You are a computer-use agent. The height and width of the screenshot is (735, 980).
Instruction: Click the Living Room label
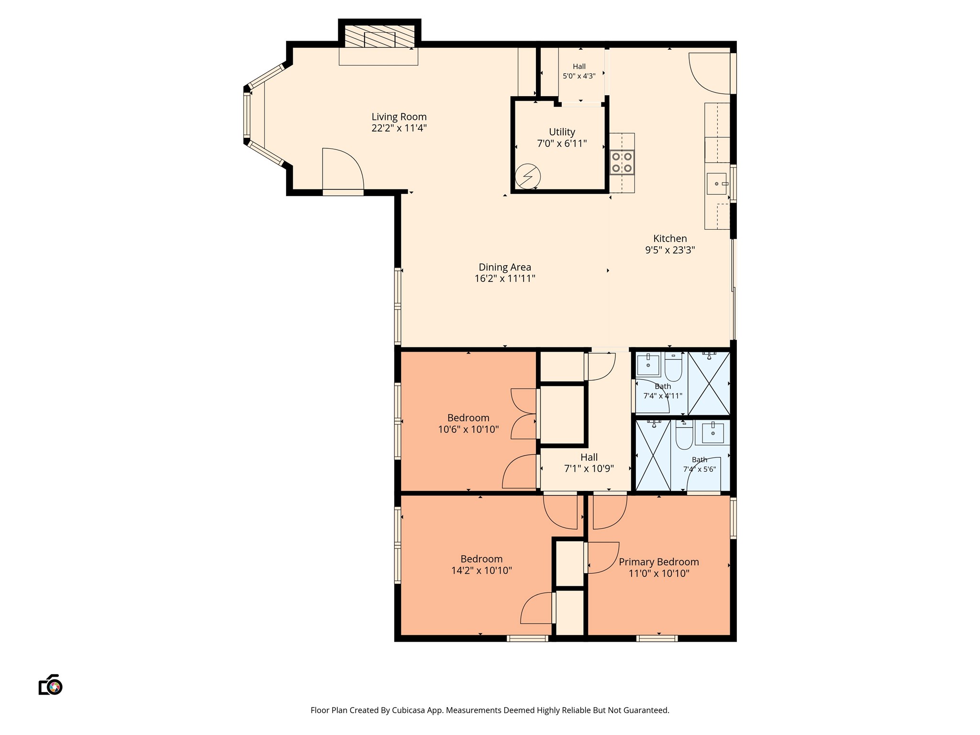point(399,117)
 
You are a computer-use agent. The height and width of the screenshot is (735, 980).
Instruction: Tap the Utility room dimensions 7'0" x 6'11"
point(562,144)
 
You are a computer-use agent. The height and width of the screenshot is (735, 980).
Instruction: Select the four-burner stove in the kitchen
point(622,162)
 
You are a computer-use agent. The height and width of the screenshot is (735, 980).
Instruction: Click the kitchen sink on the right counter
point(717,184)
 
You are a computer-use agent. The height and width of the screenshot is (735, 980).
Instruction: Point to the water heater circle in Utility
point(528,177)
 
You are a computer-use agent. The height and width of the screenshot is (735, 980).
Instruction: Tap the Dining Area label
point(505,267)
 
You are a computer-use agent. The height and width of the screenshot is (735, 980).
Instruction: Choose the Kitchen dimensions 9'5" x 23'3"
point(670,250)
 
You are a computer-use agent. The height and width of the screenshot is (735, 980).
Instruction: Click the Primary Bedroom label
point(659,562)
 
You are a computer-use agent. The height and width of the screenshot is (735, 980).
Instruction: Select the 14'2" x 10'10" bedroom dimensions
point(481,570)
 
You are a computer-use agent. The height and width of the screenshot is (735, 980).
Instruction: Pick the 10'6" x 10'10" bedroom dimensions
point(468,429)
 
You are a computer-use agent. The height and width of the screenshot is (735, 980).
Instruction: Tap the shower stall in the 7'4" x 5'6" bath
point(653,456)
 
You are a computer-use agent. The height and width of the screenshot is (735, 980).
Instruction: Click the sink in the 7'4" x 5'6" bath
point(713,433)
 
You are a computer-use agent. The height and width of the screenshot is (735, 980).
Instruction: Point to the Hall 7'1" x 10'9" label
point(589,463)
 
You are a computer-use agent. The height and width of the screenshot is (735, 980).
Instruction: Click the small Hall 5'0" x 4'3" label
point(579,71)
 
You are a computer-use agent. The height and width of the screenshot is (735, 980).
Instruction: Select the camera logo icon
point(51,685)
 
